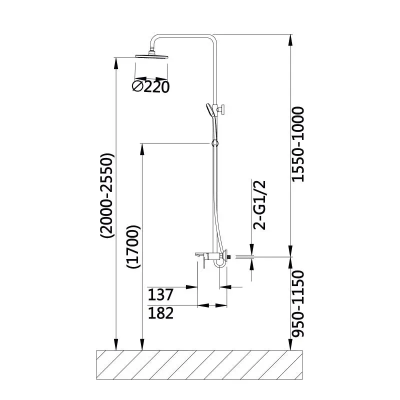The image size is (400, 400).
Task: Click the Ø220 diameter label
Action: coord(150,87)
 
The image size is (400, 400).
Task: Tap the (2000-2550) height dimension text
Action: coord(107,195)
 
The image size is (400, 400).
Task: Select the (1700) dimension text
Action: coord(133,247)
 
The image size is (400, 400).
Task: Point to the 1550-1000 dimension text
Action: coord(298,144)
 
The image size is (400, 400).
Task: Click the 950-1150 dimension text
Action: coord(298,305)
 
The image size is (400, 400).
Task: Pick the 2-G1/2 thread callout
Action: coord(259,204)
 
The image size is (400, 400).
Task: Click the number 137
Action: coord(160,293)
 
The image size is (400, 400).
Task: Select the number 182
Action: coord(160,313)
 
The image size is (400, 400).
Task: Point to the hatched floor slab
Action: coord(200,365)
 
